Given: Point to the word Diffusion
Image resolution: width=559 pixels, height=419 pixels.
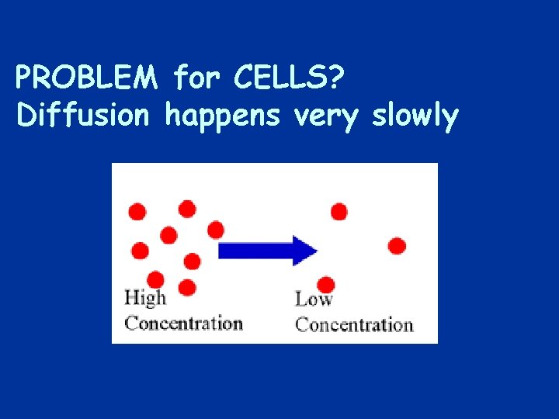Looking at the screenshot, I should click(x=82, y=116).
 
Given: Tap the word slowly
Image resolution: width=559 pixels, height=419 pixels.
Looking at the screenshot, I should click(x=415, y=116).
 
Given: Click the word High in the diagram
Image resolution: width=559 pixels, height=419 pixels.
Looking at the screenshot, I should click(x=145, y=298).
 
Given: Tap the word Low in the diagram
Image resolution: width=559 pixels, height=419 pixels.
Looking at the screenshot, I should click(x=314, y=300).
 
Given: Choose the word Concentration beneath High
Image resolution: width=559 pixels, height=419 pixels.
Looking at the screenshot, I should click(x=183, y=323).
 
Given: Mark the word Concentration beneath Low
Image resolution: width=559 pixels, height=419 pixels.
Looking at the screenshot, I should click(x=354, y=324).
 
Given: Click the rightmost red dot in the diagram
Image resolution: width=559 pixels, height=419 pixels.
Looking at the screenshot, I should click(x=397, y=246).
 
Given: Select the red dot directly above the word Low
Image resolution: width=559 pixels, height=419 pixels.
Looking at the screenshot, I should click(x=326, y=284).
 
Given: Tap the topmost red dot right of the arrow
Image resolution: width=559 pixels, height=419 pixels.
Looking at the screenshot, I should click(x=339, y=211).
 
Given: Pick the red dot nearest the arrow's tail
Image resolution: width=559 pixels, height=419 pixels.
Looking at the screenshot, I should click(x=216, y=230).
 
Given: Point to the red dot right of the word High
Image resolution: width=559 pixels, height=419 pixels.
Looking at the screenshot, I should click(x=186, y=288).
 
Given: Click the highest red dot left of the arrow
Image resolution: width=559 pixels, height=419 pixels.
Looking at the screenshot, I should click(x=186, y=208).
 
